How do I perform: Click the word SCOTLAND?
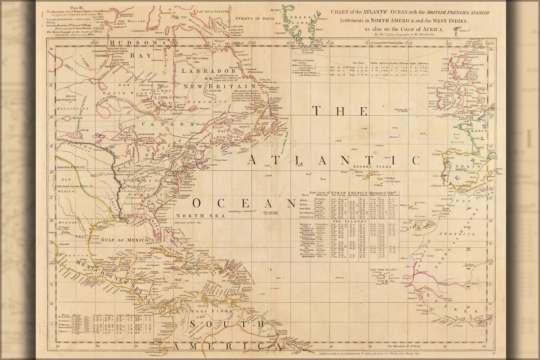[464, 68]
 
